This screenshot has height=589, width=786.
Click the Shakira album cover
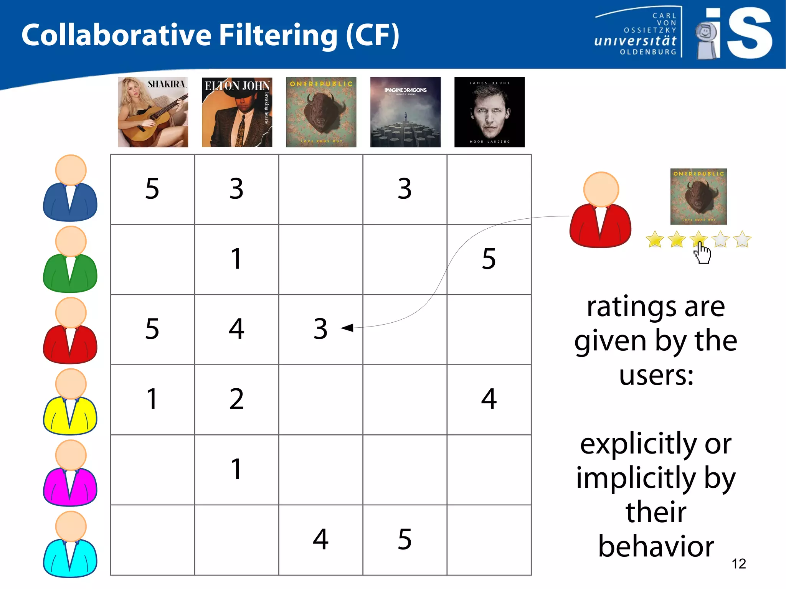pyautogui.click(x=153, y=112)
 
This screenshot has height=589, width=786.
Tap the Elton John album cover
pyautogui.click(x=237, y=112)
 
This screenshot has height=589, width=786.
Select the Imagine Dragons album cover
pyautogui.click(x=405, y=112)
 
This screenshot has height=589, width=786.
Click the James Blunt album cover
pyautogui.click(x=489, y=112)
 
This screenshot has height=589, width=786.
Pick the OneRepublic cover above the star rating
pyautogui.click(x=698, y=196)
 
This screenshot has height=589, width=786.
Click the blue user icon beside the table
pyautogui.click(x=70, y=189)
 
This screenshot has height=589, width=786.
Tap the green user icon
pyautogui.click(x=70, y=260)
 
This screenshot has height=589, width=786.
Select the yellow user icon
pyautogui.click(x=70, y=402)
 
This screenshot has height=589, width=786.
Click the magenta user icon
pyautogui.click(x=70, y=474)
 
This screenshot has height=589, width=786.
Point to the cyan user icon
pyautogui.click(x=70, y=544)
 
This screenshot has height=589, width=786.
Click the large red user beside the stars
pyautogui.click(x=601, y=210)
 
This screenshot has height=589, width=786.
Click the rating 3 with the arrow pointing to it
pyautogui.click(x=320, y=329)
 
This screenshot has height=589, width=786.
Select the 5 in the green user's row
pyautogui.click(x=489, y=259)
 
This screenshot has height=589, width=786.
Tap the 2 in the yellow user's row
pyautogui.click(x=236, y=399)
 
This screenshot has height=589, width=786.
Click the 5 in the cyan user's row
pyautogui.click(x=405, y=539)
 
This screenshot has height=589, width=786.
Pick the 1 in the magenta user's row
pyautogui.click(x=236, y=469)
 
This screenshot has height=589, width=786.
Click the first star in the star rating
pyautogui.click(x=655, y=239)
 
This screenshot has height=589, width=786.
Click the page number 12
pyautogui.click(x=739, y=564)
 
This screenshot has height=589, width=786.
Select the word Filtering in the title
pyautogui.click(x=278, y=35)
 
